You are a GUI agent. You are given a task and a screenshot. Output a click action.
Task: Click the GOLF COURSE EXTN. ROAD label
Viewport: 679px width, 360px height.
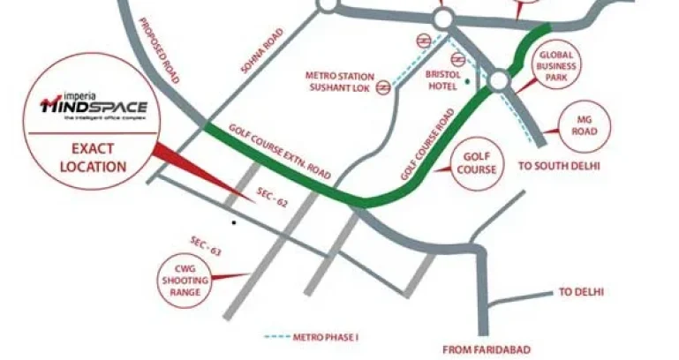click(279, 151)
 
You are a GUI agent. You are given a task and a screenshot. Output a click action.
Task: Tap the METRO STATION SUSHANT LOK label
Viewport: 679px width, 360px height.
click(340, 81)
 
